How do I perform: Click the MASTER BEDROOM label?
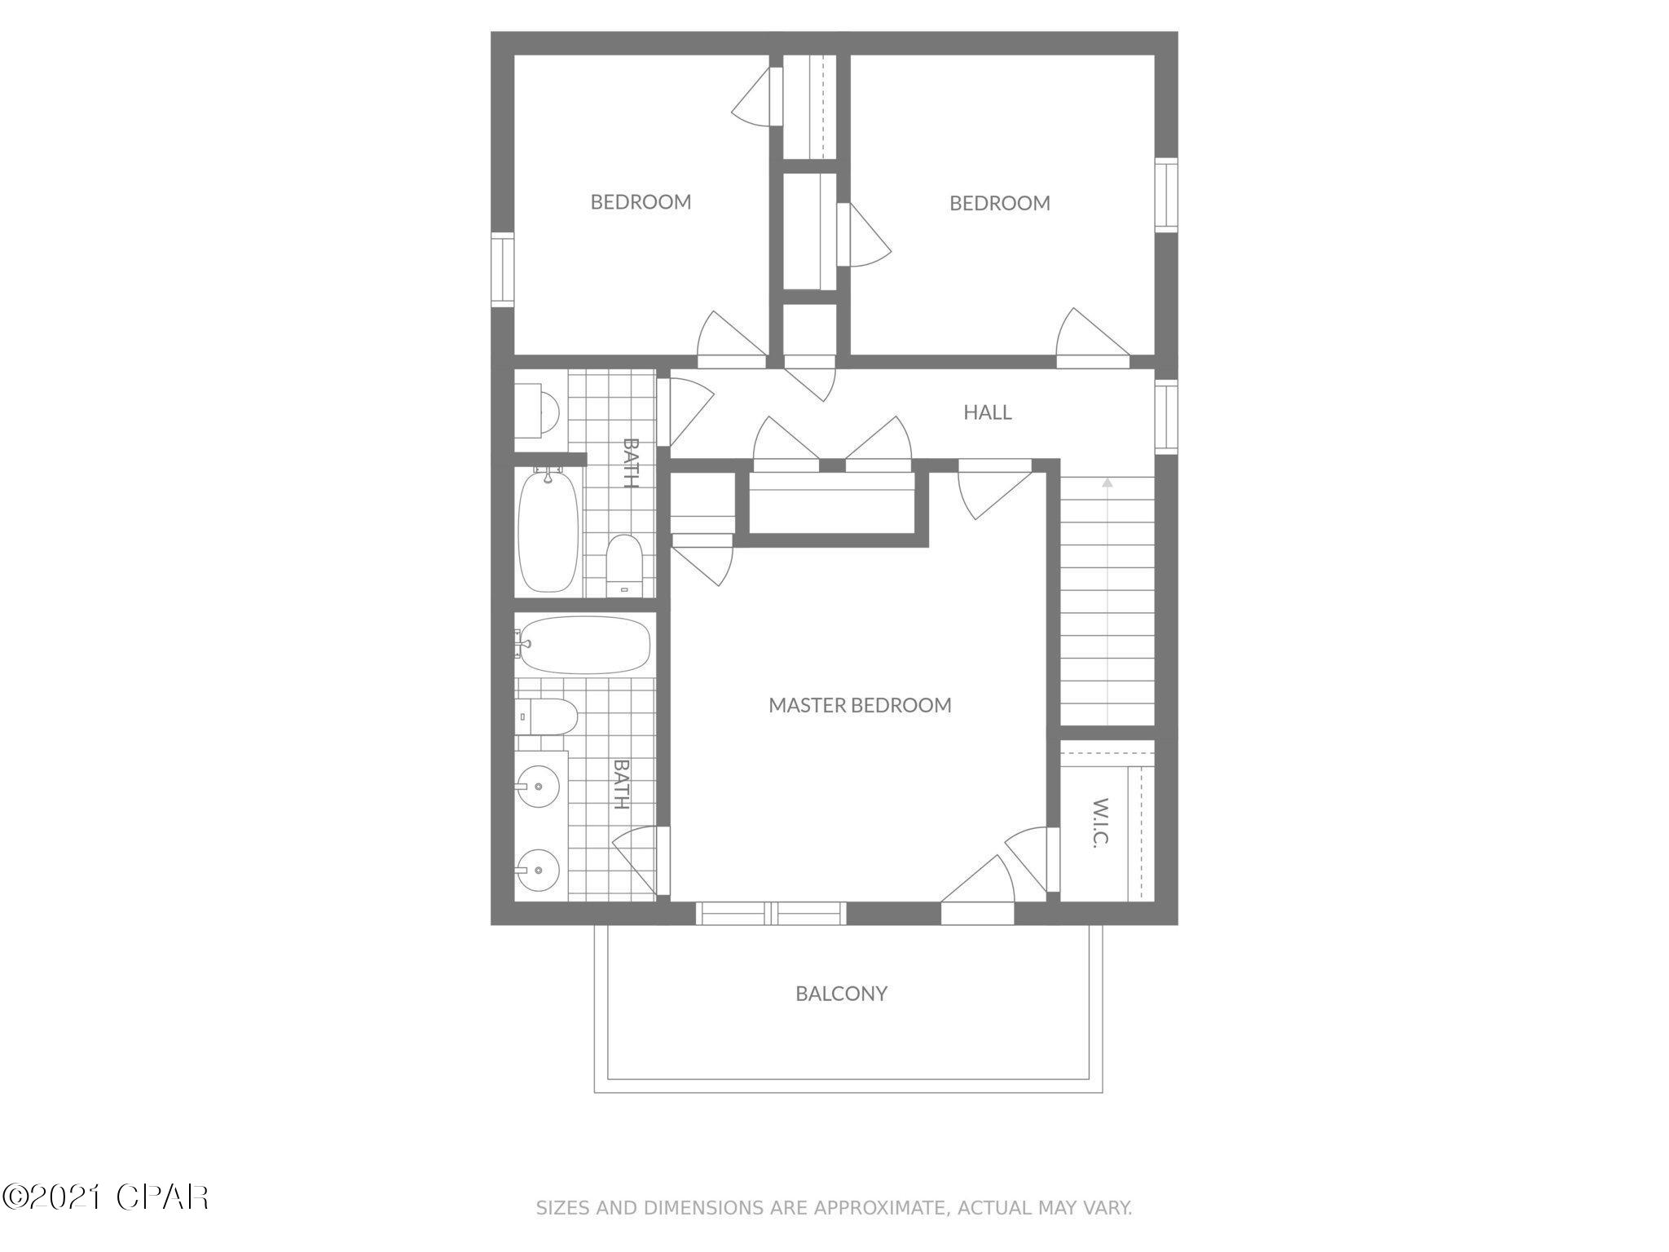pos(860,705)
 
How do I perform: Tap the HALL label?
pos(987,412)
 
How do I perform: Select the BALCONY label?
pos(841,994)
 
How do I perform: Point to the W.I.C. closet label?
pos(1099,822)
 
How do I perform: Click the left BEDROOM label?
pos(641,202)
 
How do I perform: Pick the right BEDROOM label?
pos(999,203)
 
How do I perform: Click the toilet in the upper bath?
pos(625,564)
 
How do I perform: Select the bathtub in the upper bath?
pos(548,531)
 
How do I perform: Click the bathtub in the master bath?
pos(585,644)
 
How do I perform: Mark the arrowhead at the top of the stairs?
pos(1107,483)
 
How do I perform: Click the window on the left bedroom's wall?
pos(502,270)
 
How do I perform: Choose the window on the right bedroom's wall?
pos(1166,196)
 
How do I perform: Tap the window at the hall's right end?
pos(1166,416)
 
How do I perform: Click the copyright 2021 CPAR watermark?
pos(106,1197)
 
